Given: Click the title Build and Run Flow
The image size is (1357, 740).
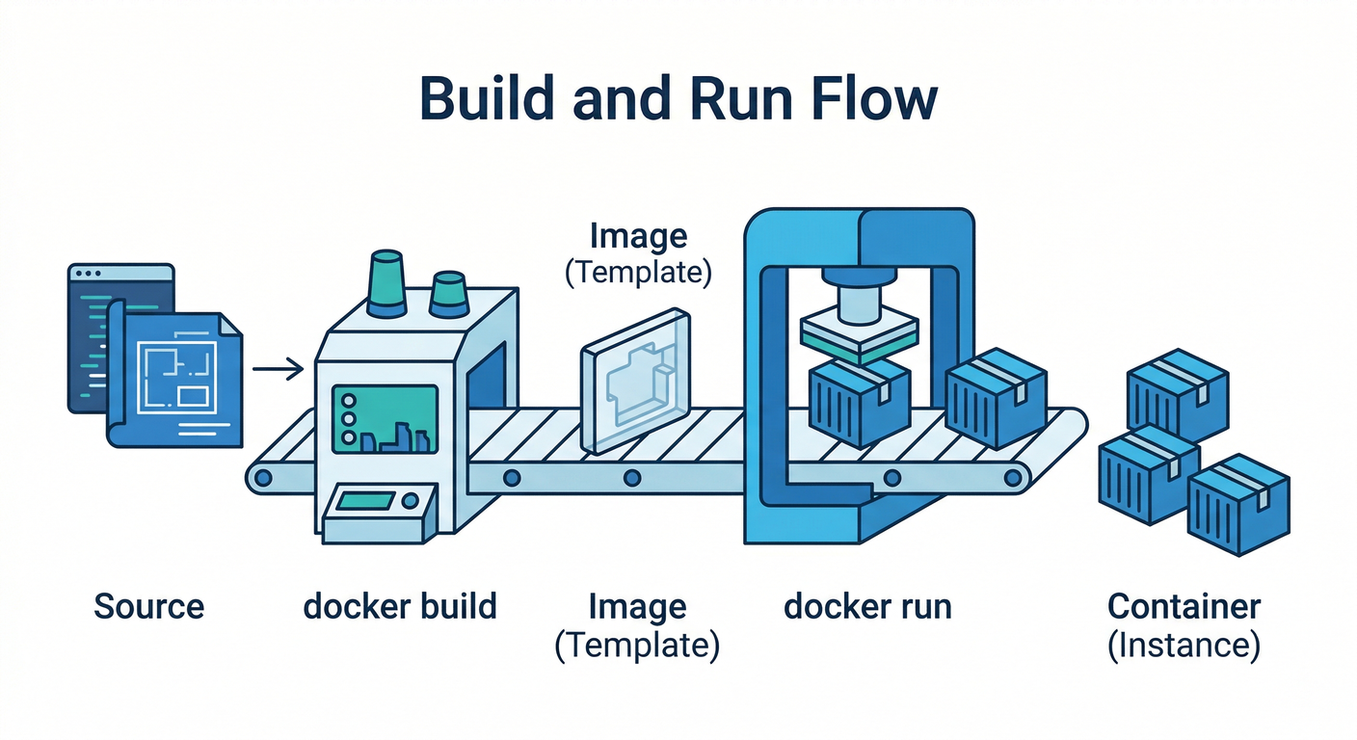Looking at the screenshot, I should tap(678, 100).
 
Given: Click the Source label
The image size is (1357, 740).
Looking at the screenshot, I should tap(149, 607).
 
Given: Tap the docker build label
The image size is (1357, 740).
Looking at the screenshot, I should tap(400, 607).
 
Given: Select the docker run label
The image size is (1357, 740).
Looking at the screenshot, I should tap(867, 607).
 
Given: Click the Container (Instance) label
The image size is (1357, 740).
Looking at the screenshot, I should tap(1184, 625).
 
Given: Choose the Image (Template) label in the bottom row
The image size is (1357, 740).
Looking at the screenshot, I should tap(638, 625).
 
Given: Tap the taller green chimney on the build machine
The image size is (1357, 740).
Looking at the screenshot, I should tap(387, 283).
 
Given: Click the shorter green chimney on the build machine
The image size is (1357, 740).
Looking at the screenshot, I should tap(448, 294).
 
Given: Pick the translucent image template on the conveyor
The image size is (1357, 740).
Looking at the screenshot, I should tap(636, 381).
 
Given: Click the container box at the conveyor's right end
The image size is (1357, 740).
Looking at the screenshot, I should tap(996, 395).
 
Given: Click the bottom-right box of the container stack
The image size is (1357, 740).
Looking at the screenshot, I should tap(1237, 503).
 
